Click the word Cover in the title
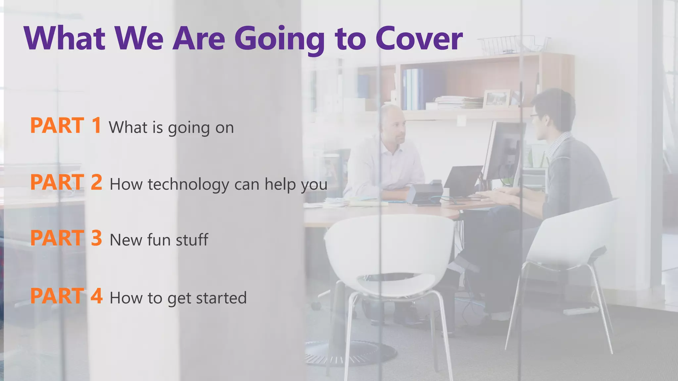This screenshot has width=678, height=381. (x=419, y=39)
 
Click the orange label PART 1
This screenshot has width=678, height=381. (x=66, y=126)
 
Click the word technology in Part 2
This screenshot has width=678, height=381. (x=188, y=185)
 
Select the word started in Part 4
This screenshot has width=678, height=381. (x=221, y=298)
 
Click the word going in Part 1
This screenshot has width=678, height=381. (x=189, y=128)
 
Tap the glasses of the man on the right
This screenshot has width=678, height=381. (x=534, y=115)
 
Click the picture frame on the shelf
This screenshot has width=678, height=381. (x=497, y=98)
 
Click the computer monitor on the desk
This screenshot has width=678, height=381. (x=503, y=150)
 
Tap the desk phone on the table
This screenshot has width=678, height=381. (x=425, y=193)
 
